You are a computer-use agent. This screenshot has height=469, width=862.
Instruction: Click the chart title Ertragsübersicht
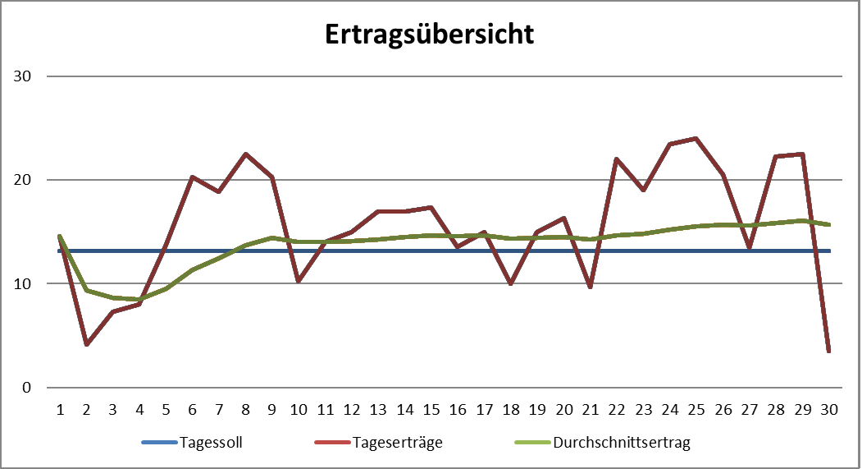[430, 34]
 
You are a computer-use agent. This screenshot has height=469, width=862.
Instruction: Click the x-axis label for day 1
[59, 408]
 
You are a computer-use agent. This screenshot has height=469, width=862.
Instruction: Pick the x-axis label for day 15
[431, 408]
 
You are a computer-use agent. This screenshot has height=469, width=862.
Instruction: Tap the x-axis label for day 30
[829, 408]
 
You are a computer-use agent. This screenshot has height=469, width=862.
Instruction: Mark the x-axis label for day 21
[591, 408]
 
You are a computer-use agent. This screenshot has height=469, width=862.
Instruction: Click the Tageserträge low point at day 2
[86, 344]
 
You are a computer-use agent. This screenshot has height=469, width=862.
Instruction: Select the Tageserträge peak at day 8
[245, 154]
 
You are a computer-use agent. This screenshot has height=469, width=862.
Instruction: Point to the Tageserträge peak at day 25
[696, 139]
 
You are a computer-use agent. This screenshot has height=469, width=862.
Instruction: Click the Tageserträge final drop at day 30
[829, 351]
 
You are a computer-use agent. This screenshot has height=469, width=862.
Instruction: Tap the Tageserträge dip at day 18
[511, 283]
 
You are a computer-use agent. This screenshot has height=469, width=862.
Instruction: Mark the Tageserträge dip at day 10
[299, 281]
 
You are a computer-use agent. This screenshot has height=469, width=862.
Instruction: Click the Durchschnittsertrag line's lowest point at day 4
[139, 299]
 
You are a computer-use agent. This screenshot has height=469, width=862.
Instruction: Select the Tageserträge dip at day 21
[591, 287]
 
